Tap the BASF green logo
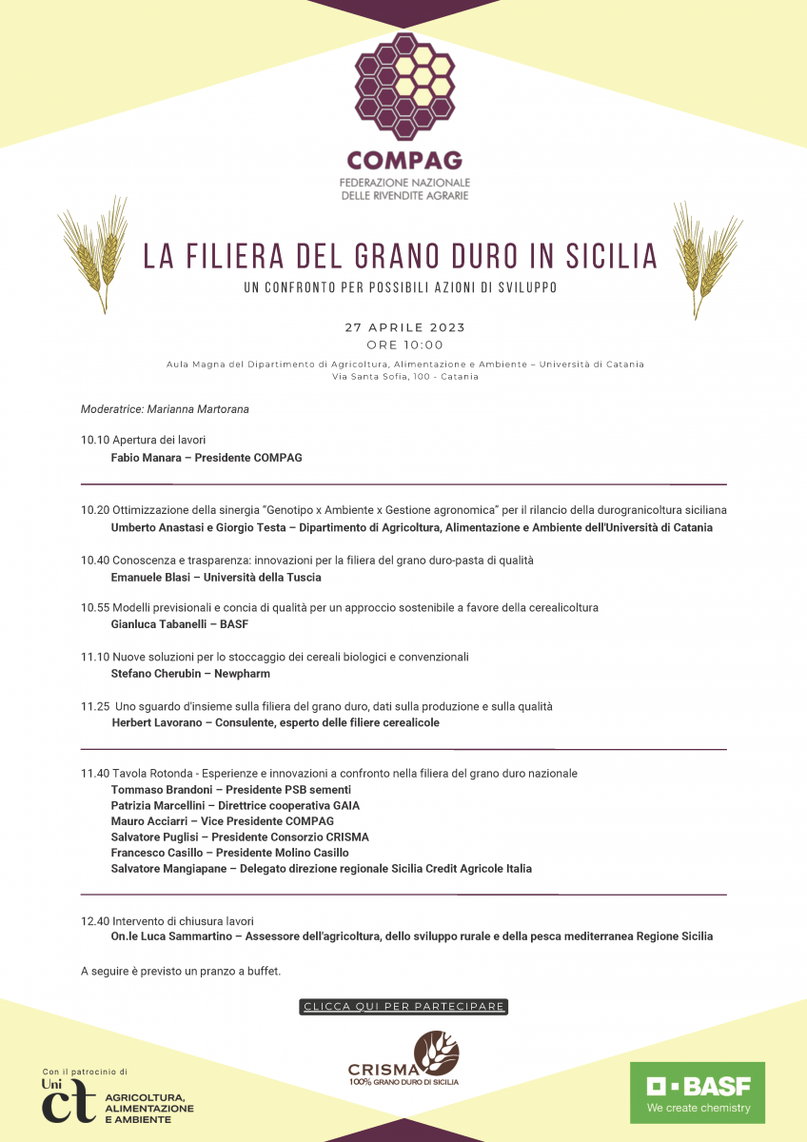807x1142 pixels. tap(698, 1093)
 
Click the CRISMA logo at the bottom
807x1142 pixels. tap(403, 1059)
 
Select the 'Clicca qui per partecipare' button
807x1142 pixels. tap(403, 1007)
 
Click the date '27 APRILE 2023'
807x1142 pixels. tap(404, 327)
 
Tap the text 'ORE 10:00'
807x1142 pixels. tap(404, 345)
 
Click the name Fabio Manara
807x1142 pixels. tap(146, 458)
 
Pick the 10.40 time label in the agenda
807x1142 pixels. tap(95, 561)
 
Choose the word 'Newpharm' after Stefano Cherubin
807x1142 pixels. tap(243, 674)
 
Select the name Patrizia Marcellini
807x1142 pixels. tap(156, 805)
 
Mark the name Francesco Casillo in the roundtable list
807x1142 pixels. tap(154, 853)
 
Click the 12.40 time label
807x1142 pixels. tap(95, 921)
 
